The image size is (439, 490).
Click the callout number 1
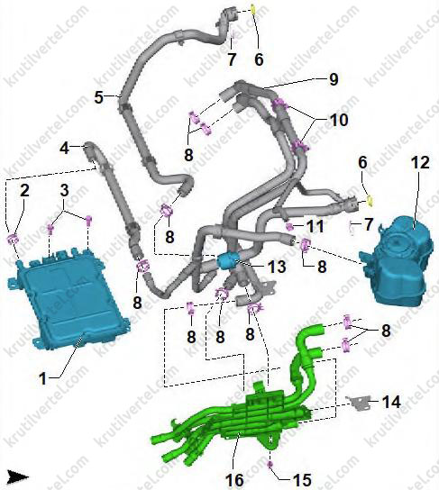[42, 378]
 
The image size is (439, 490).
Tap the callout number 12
[420, 162]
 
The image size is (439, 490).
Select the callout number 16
[234, 480]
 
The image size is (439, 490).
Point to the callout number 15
[302, 480]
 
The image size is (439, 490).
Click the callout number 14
[391, 402]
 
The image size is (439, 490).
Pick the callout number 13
[277, 267]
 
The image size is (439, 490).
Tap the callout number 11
[315, 226]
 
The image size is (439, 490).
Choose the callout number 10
[339, 120]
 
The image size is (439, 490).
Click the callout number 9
[334, 79]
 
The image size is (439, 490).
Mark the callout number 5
[99, 97]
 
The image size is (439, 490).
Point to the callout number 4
[64, 148]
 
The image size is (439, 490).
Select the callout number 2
[24, 190]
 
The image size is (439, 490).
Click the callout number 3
[64, 190]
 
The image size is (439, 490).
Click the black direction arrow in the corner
[18, 477]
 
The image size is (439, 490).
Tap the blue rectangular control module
[68, 298]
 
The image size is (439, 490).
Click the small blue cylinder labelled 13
[227, 261]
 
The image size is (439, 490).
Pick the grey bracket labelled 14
[358, 403]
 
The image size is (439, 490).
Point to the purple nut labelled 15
[270, 463]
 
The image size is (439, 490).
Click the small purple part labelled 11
[289, 225]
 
